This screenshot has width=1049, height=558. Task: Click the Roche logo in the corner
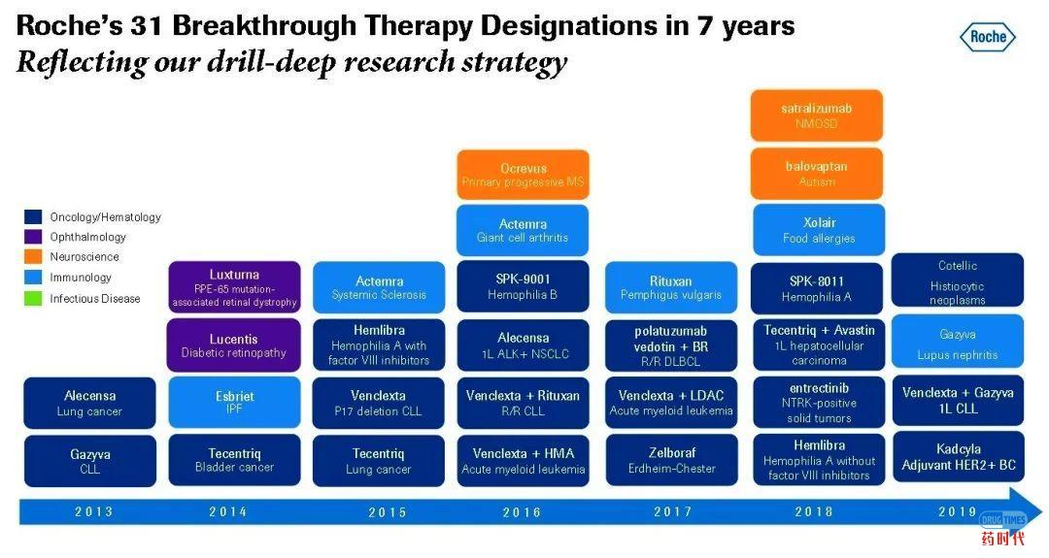[x=988, y=38]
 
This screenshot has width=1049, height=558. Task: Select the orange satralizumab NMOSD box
[x=816, y=115]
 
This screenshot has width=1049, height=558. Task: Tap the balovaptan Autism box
[x=816, y=173]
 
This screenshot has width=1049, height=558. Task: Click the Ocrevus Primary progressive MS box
[x=523, y=175]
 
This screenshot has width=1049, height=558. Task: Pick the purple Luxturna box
[x=234, y=287]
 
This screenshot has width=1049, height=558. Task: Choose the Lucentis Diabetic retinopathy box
[x=234, y=345]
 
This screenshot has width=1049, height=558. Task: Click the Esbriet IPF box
[x=234, y=403]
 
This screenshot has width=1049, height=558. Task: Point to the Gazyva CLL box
[x=89, y=461]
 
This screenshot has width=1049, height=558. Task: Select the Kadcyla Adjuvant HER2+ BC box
[x=958, y=457]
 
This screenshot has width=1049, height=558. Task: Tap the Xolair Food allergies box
[x=820, y=230]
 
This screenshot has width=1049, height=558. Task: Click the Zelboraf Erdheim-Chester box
[x=671, y=460]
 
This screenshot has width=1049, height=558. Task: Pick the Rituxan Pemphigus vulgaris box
[x=671, y=287]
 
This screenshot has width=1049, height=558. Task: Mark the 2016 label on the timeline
[x=522, y=512]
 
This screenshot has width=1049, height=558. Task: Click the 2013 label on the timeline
[x=93, y=512]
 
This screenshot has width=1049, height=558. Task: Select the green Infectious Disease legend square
[x=33, y=299]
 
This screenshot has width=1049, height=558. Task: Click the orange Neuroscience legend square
[x=33, y=258]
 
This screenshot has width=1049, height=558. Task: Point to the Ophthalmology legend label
[x=87, y=237]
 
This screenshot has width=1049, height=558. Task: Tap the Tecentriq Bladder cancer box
[x=234, y=460]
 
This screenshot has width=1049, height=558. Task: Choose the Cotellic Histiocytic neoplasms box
[x=958, y=280]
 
